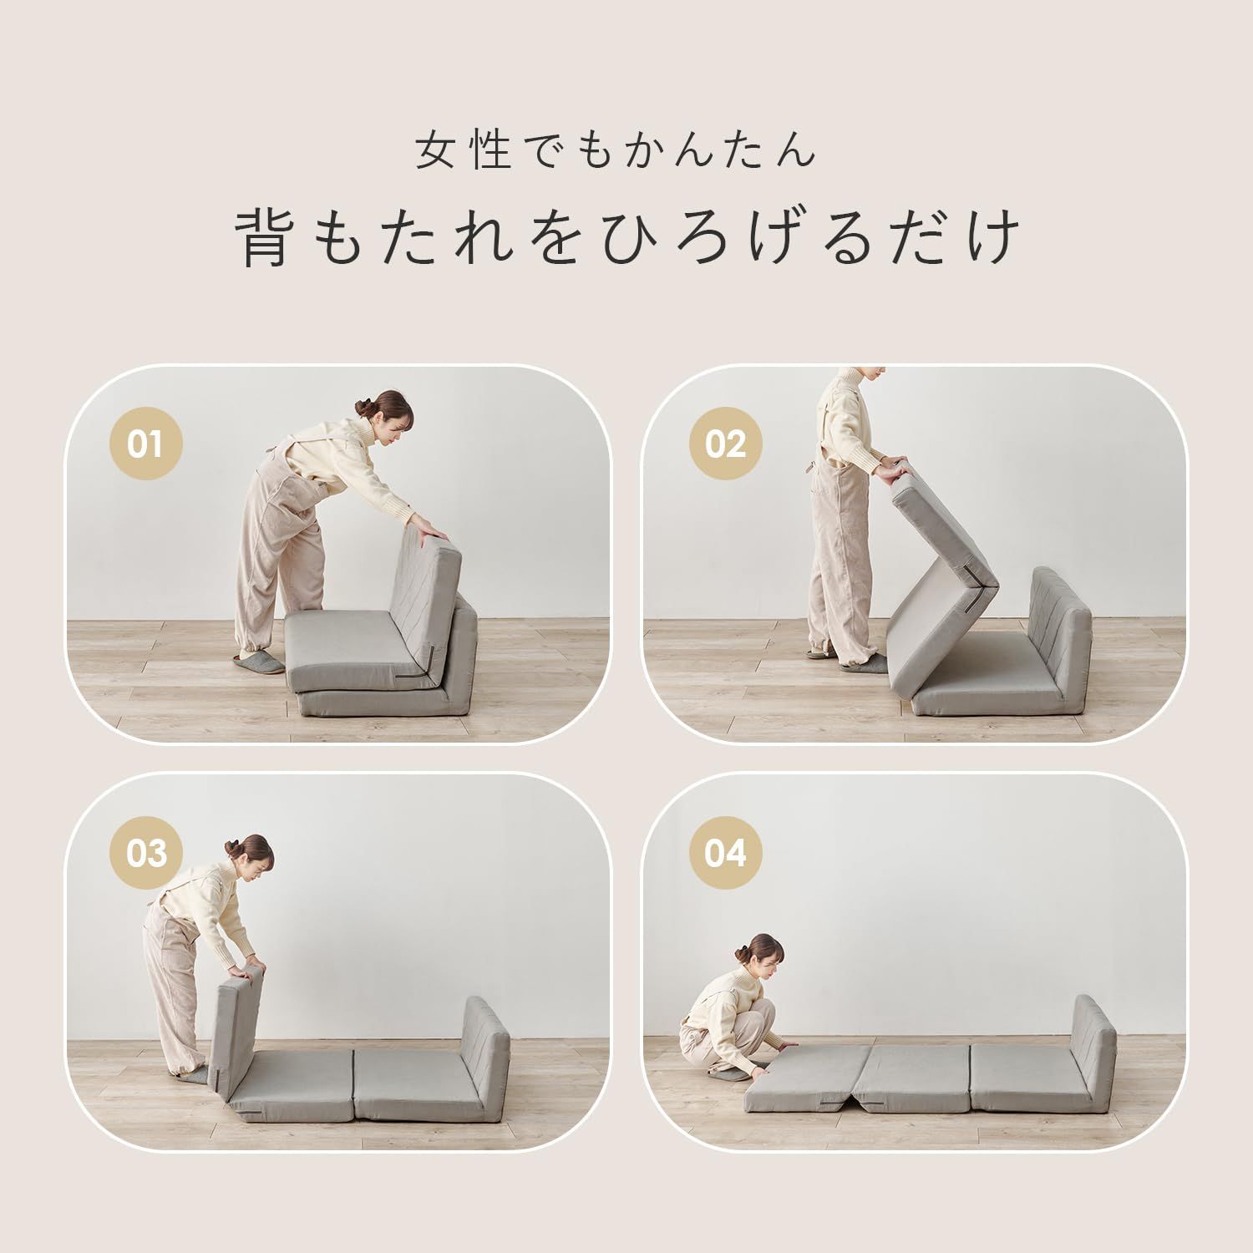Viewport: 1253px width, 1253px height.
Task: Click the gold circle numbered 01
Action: tap(145, 444)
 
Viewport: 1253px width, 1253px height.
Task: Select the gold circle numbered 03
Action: tap(145, 853)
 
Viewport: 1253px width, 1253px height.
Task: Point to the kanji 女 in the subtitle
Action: tap(439, 150)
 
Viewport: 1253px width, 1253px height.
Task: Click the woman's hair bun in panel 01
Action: tap(363, 406)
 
